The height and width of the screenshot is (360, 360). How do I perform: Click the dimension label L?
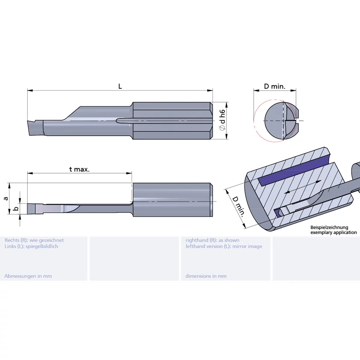[x=120, y=86]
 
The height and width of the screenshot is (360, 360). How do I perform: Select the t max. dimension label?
[x=79, y=169]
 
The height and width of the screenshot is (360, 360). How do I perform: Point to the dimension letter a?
[x=6, y=198]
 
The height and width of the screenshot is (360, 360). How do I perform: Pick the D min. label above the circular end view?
[x=275, y=86]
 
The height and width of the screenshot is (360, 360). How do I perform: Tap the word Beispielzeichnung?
[x=330, y=227]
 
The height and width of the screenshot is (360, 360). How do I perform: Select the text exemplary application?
[x=334, y=232]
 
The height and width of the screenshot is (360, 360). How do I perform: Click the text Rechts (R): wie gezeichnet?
[x=34, y=240]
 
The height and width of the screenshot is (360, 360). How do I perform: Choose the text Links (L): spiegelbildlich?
[x=31, y=246]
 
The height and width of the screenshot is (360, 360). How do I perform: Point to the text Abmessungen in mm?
[x=28, y=276]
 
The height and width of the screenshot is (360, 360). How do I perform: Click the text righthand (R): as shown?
[x=212, y=240]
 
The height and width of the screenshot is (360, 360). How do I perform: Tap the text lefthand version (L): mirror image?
[x=224, y=246]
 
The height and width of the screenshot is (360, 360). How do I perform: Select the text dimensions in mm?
[x=206, y=276]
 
